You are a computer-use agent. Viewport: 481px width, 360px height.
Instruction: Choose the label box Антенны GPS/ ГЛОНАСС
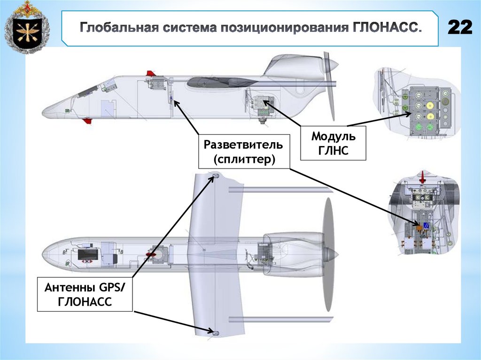(85, 294)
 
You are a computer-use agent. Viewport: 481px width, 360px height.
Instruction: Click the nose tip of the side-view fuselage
(44, 113)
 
